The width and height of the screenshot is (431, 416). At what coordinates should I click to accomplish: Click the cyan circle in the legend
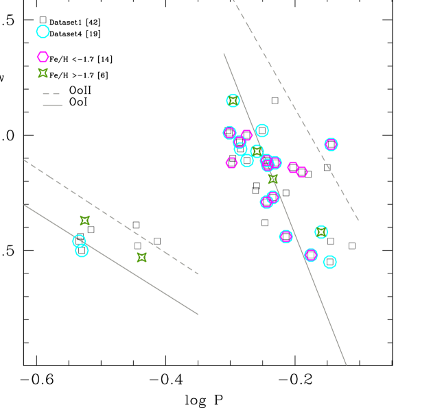tap(43, 32)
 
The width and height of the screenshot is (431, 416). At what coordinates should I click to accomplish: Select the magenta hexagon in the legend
tap(43, 57)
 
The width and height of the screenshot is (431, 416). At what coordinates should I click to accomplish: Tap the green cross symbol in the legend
tap(43, 73)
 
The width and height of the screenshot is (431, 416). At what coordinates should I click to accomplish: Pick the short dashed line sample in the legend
tap(51, 93)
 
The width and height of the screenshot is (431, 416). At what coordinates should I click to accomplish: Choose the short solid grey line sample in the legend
tap(52, 105)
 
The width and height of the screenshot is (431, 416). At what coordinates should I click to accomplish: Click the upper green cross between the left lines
tap(84, 221)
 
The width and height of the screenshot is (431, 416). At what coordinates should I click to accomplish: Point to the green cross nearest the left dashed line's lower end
tap(141, 258)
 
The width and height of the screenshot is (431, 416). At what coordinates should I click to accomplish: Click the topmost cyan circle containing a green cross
tap(233, 101)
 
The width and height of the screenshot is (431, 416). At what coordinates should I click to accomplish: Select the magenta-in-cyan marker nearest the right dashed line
tap(331, 144)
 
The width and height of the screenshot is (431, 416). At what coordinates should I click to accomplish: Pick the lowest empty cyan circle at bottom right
tap(329, 262)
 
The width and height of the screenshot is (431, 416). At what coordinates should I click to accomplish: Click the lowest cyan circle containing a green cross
tap(321, 232)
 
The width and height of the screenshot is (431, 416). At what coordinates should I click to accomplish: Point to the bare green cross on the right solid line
tap(272, 179)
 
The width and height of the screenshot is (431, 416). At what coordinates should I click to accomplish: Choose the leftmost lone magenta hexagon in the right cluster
tap(231, 162)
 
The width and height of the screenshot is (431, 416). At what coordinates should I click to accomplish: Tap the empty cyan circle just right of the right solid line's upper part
tap(261, 130)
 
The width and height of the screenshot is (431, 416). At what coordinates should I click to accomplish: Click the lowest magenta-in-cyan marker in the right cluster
tap(311, 255)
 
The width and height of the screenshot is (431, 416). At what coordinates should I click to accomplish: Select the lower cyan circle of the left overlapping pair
tap(82, 251)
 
